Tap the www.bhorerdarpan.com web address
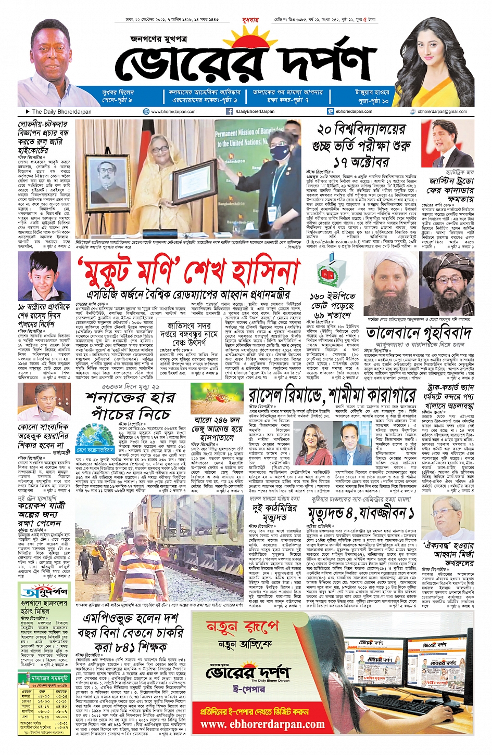click(173, 111)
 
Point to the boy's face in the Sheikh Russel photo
click(43, 274)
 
